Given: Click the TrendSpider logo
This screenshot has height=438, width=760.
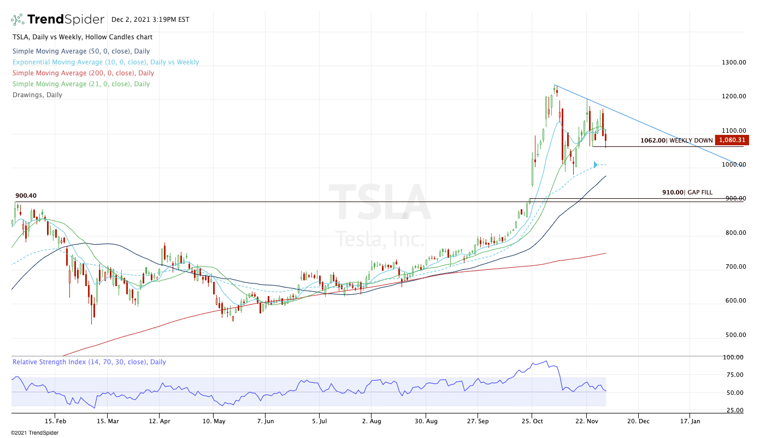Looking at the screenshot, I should (x=58, y=20).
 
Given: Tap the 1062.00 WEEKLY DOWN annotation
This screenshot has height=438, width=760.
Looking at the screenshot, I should (x=676, y=140).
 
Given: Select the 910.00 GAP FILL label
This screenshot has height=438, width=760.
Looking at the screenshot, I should (x=687, y=192).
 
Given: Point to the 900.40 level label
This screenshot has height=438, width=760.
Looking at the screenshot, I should (x=26, y=196).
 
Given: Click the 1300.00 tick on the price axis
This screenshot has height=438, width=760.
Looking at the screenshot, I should (x=734, y=62).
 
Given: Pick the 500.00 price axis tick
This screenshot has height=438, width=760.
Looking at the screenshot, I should (x=734, y=335).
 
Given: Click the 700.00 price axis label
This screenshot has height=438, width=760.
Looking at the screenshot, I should (x=734, y=267).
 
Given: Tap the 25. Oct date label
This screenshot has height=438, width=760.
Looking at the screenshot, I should (x=532, y=422).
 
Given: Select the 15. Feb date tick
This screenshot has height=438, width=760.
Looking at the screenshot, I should (x=56, y=422).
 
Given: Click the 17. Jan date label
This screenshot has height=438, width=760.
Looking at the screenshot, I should (x=690, y=422).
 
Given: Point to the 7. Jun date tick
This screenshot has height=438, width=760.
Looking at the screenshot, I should (x=266, y=422).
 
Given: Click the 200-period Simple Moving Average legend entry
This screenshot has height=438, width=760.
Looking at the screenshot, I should (x=83, y=73).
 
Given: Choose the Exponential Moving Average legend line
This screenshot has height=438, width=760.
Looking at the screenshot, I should (x=105, y=62).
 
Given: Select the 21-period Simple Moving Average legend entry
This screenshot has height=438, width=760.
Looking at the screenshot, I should (x=81, y=84).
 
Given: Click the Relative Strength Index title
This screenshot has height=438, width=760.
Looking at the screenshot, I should (x=89, y=362).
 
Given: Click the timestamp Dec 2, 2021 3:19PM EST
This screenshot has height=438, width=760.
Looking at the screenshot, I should (x=150, y=20).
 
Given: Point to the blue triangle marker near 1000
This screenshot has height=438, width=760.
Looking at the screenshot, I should (x=596, y=164).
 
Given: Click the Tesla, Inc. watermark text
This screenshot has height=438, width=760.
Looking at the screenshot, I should (x=380, y=239).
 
